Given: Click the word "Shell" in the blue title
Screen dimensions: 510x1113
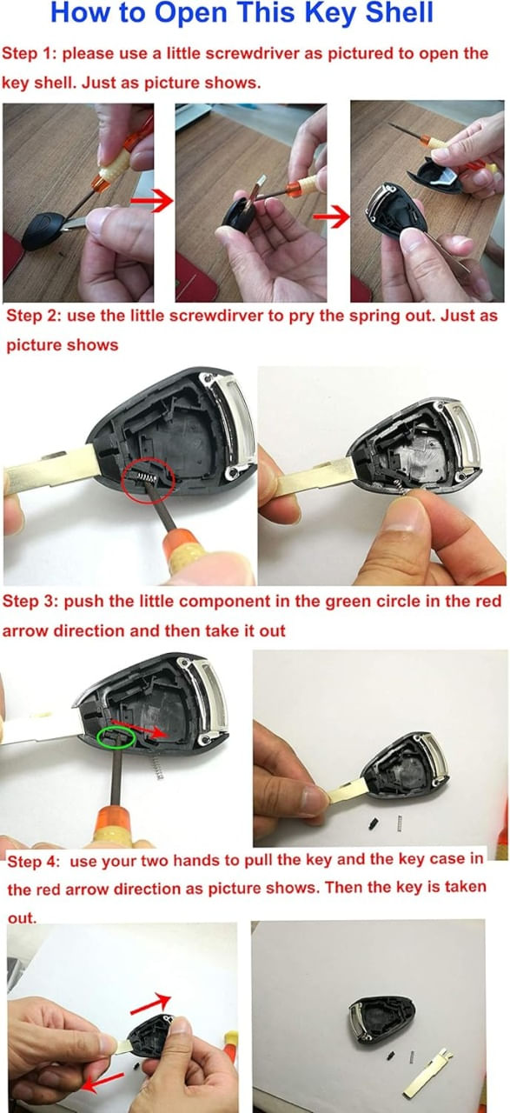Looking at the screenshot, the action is (x=400, y=13).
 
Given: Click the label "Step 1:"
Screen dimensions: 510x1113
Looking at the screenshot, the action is (x=30, y=53).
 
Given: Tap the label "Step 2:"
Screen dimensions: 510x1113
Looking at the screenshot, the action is (x=33, y=316).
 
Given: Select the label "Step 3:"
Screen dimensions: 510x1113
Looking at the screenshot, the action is (x=30, y=602).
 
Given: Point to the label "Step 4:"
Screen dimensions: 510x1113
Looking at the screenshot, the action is (x=33, y=861).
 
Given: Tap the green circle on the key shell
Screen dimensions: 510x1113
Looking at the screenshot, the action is (x=116, y=737).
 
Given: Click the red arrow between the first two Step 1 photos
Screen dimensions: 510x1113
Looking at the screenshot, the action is (x=152, y=201).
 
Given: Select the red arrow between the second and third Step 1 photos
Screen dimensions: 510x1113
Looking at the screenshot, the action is (x=331, y=217).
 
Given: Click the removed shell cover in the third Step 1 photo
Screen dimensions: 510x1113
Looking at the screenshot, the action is (x=436, y=176).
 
